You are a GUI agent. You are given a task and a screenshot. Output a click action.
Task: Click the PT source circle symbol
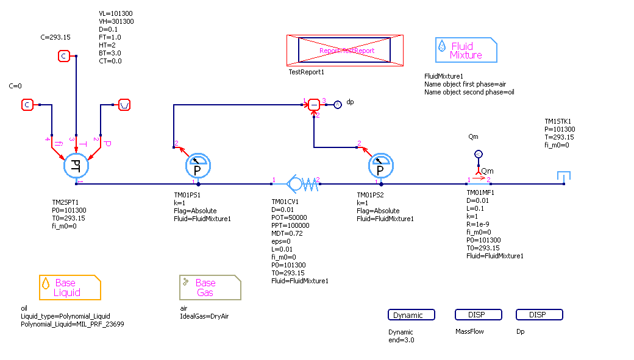click(x=76, y=164)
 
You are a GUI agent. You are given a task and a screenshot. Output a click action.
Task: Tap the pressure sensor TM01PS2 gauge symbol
click(x=381, y=164)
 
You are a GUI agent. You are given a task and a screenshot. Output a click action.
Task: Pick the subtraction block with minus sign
click(x=314, y=105)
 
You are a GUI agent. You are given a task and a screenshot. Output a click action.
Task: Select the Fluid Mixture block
click(x=466, y=50)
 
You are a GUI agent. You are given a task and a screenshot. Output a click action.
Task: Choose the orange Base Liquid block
click(x=70, y=288)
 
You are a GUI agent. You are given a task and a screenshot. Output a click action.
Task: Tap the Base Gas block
click(x=210, y=288)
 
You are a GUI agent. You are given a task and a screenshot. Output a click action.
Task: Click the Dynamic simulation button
click(x=411, y=315)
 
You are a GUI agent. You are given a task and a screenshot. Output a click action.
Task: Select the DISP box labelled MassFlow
click(x=479, y=315)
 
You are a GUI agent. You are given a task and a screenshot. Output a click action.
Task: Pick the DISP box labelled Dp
click(x=540, y=315)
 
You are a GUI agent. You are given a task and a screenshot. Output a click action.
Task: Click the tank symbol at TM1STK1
click(x=564, y=176)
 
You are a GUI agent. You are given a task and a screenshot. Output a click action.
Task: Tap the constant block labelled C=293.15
click(x=64, y=56)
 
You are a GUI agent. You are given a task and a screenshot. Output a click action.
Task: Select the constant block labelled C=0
click(x=27, y=105)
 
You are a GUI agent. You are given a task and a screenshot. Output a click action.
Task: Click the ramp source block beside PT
click(x=124, y=105)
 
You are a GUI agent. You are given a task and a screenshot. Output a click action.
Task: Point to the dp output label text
click(x=350, y=102)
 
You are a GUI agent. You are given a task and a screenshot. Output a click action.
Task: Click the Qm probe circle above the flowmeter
click(x=479, y=154)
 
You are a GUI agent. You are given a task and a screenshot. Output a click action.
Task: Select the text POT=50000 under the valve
click(x=289, y=217)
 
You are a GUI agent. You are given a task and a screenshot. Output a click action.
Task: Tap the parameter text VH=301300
click(x=116, y=21)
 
